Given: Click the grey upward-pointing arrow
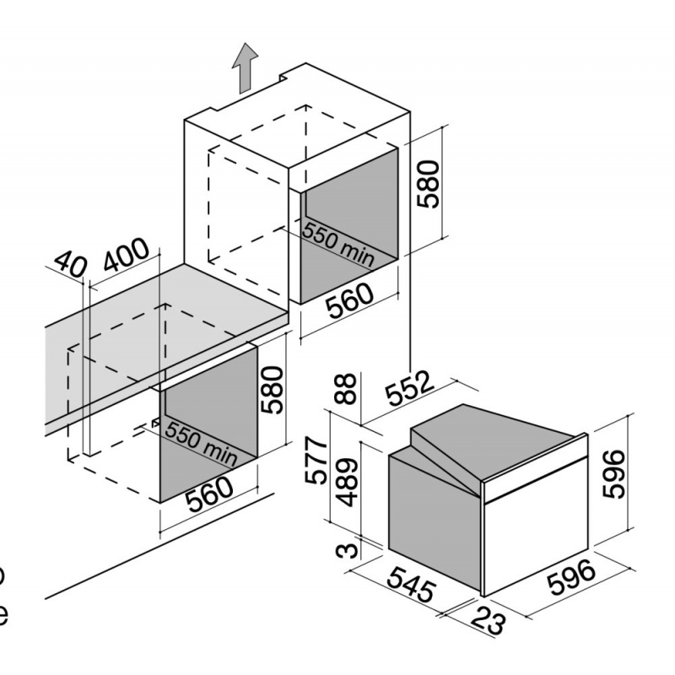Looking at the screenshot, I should click(245, 69).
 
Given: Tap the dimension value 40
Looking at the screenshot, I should click(70, 266).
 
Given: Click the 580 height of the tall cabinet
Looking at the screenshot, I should click(429, 184).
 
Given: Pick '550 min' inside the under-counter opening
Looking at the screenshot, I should click(201, 441).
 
